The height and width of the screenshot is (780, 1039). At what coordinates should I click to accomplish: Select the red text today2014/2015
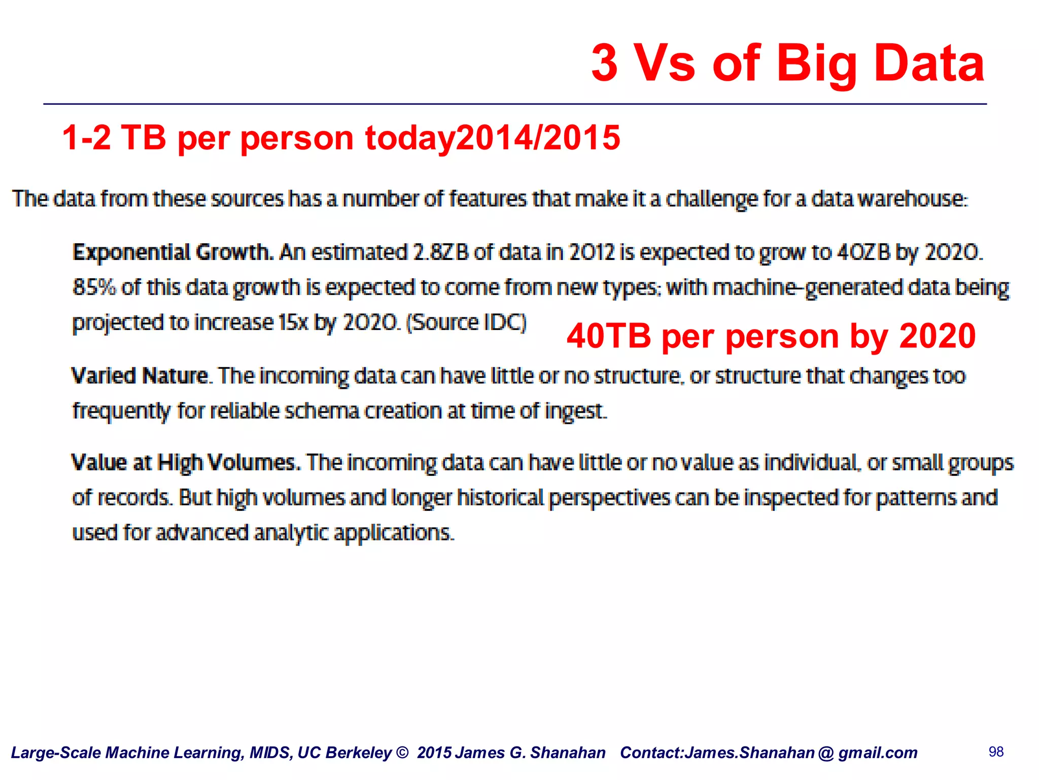pyautogui.click(x=492, y=138)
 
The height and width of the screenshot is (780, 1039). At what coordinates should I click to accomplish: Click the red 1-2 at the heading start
pyautogui.click(x=86, y=138)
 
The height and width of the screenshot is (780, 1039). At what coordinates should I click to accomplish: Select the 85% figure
pyautogui.click(x=94, y=287)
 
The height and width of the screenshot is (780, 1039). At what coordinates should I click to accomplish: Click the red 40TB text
pyautogui.click(x=608, y=336)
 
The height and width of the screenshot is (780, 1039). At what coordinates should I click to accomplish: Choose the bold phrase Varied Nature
pyautogui.click(x=140, y=376)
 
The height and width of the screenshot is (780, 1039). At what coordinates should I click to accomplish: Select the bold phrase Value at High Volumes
pyautogui.click(x=186, y=463)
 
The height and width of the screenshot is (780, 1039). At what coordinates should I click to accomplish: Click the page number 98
pyautogui.click(x=996, y=752)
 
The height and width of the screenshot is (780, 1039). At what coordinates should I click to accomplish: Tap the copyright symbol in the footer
pyautogui.click(x=402, y=753)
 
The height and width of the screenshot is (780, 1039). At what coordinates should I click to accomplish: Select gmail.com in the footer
pyautogui.click(x=878, y=753)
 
